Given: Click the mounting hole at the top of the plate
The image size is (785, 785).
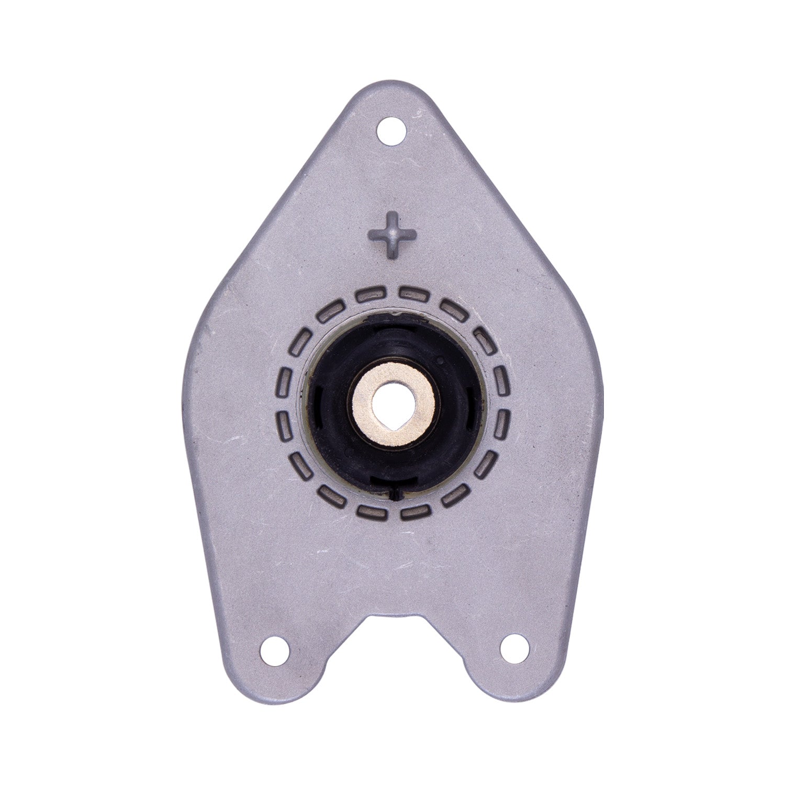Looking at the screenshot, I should click(x=392, y=130).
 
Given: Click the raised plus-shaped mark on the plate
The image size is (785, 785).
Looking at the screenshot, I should click(x=392, y=234).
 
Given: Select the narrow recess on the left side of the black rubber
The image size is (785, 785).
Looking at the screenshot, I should click(x=316, y=408).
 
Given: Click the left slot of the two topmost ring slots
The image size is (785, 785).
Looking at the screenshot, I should click(x=370, y=295).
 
